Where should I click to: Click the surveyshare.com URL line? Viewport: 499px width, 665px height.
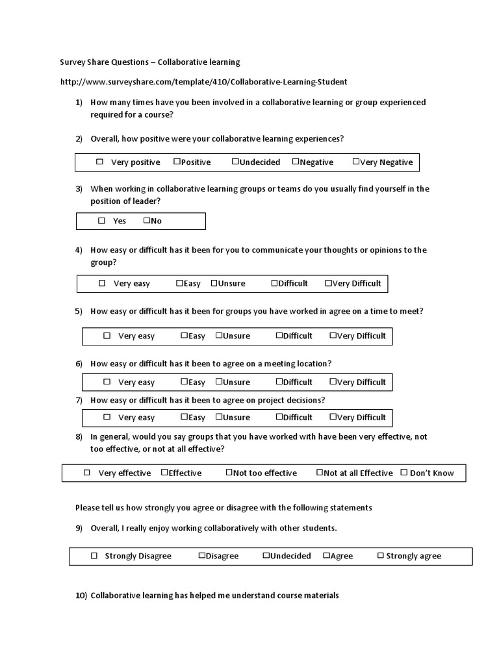pos(203,82)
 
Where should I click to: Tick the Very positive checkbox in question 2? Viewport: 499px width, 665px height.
pos(100,162)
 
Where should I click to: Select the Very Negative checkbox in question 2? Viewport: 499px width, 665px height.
pos(355,162)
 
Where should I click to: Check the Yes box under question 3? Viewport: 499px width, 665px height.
pos(102,221)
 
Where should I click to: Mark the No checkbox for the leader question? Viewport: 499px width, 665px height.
pos(147,221)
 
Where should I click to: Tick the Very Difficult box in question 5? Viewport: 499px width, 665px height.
pos(333,336)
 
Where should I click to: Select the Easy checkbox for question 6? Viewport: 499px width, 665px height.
pos(185,382)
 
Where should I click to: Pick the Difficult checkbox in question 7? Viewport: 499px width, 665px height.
pos(279,417)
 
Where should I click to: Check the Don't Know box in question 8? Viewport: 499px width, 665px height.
pos(404,473)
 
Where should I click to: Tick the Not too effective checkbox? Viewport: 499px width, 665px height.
pos(229,473)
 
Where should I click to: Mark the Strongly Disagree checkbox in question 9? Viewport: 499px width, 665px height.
pos(94,556)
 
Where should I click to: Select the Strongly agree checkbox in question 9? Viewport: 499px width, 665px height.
pos(381,556)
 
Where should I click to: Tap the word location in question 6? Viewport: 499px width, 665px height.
pos(311,364)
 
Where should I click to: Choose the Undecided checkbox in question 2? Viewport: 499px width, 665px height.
pos(235,162)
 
